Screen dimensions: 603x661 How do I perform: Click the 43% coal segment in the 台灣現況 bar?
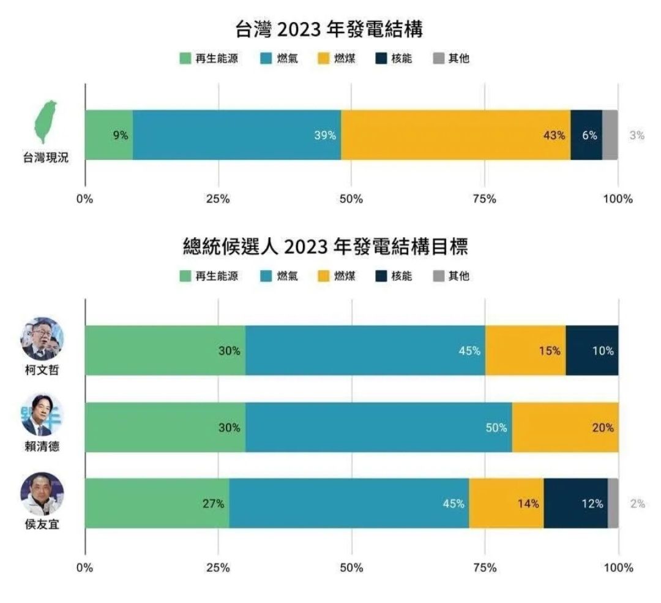click(455, 135)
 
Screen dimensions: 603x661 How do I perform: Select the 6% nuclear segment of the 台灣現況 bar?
click(586, 135)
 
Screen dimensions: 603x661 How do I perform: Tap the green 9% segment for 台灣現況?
click(108, 135)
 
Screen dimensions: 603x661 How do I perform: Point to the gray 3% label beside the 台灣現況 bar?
click(637, 135)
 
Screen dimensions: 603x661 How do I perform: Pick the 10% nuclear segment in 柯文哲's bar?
click(591, 351)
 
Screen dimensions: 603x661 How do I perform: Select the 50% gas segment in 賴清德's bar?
click(378, 428)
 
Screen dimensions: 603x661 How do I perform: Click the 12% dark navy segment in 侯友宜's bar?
click(575, 504)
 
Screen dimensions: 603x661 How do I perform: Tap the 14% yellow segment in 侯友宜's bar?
click(506, 504)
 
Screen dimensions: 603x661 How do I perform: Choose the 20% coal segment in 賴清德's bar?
click(564, 428)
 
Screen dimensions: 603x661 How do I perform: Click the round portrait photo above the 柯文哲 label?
click(42, 338)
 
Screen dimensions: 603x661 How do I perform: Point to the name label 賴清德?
click(42, 447)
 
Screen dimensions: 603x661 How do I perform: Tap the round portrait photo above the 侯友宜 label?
click(42, 494)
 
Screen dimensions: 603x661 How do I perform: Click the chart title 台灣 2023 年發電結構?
click(330, 29)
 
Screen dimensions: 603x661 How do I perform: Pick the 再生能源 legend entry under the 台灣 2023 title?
click(209, 59)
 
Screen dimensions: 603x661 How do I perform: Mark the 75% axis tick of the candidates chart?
click(484, 567)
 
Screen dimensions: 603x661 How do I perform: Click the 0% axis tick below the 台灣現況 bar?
click(84, 199)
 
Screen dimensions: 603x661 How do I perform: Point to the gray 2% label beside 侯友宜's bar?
click(637, 504)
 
